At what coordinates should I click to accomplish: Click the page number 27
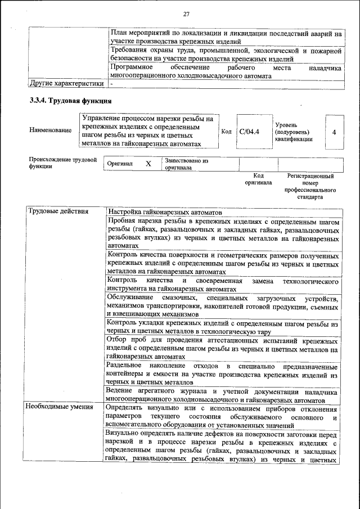187,14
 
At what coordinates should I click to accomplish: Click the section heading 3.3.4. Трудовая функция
70,101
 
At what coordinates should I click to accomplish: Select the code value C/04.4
249,132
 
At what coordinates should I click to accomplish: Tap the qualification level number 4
334,132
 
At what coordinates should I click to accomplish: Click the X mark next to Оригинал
148,164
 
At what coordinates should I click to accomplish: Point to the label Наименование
51,130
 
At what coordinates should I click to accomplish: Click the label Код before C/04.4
226,132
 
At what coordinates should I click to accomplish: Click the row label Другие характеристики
66,84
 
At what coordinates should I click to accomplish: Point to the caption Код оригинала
258,179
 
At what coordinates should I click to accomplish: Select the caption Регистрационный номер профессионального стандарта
310,187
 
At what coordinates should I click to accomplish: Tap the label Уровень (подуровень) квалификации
294,131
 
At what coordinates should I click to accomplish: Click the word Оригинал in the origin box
119,164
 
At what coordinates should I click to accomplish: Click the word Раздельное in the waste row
125,365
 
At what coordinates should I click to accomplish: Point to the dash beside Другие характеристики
111,84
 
